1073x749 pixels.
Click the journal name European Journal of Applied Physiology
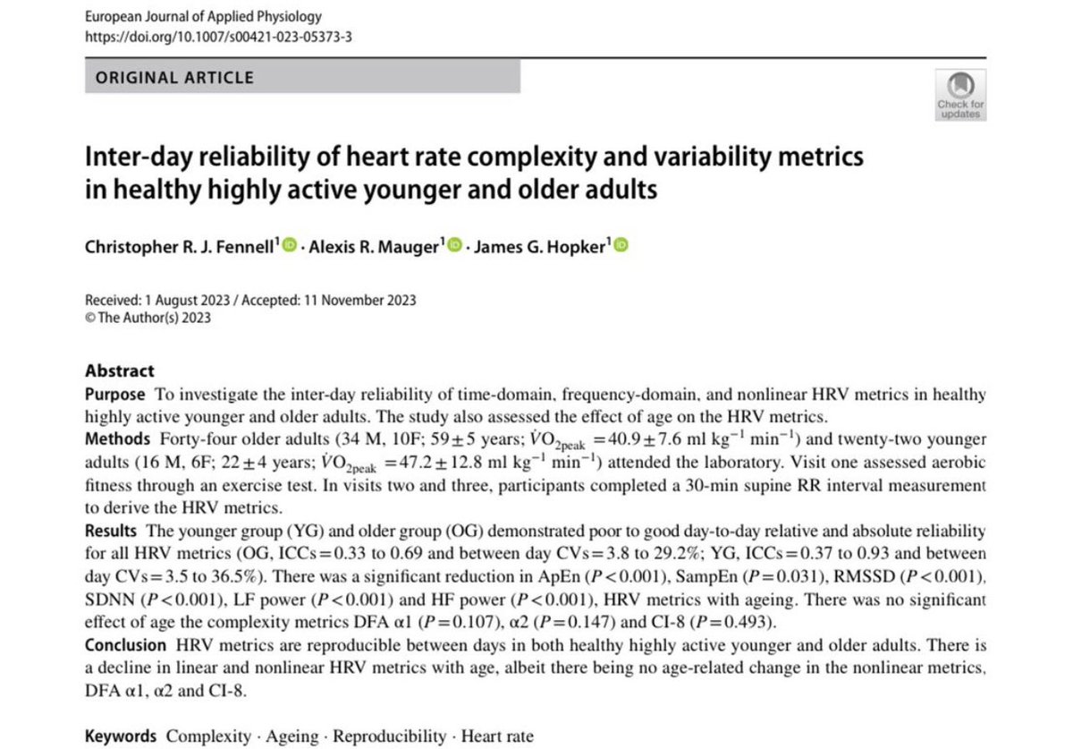(x=202, y=17)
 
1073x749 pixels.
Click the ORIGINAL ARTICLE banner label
(x=175, y=77)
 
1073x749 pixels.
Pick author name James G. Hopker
(x=542, y=246)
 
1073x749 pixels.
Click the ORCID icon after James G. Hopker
(x=621, y=246)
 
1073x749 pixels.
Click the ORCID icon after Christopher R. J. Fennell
(x=289, y=246)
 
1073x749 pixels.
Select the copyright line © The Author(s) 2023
(x=148, y=318)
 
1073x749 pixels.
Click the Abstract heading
(x=120, y=370)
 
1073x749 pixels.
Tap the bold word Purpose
(x=114, y=395)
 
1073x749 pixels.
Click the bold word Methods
(x=118, y=439)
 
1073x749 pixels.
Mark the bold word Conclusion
(x=125, y=645)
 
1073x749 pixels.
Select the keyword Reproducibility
(x=389, y=736)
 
